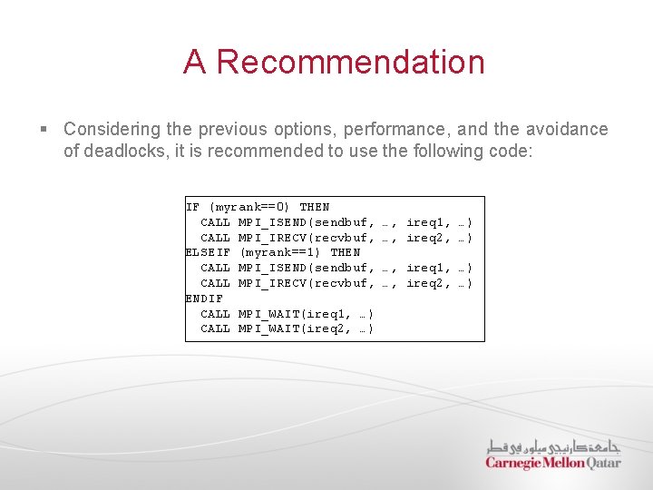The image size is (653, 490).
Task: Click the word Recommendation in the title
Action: point(351,62)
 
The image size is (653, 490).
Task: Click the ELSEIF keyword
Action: point(208,252)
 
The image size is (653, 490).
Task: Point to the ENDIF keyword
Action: point(204,298)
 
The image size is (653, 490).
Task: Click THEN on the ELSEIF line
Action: point(346,252)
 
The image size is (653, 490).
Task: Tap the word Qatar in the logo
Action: point(604,463)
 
